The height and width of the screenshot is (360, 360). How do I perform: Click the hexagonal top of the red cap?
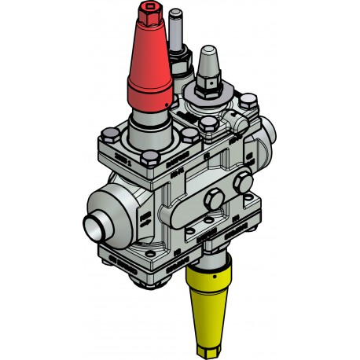pyautogui.click(x=149, y=17)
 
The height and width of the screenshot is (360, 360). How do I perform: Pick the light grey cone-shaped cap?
pyautogui.click(x=208, y=61)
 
